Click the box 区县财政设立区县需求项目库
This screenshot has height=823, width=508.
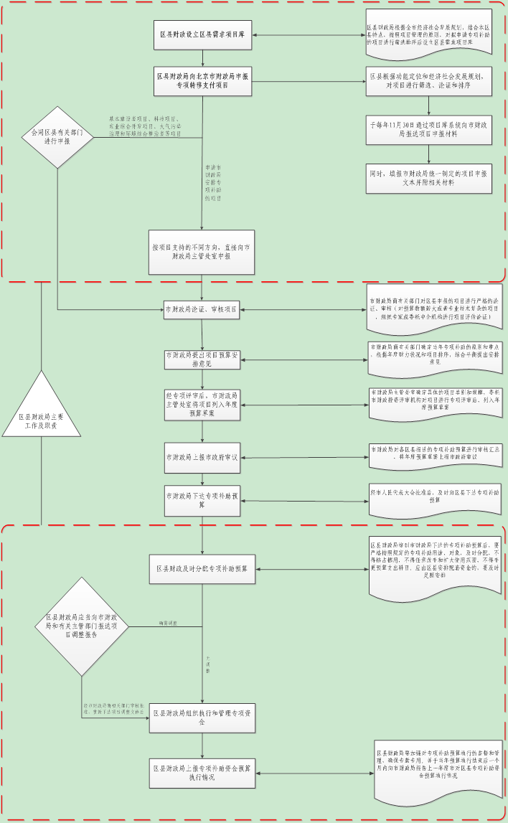pyautogui.click(x=202, y=35)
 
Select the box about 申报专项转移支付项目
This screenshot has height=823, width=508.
pyautogui.click(x=202, y=80)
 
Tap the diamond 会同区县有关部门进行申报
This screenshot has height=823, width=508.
pyautogui.click(x=57, y=136)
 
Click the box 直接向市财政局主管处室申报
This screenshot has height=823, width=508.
pyautogui.click(x=202, y=251)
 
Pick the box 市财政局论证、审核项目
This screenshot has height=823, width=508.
pyautogui.click(x=202, y=310)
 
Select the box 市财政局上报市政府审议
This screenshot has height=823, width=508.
pyautogui.click(x=202, y=457)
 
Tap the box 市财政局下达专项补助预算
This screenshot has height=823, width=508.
pyautogui.click(x=202, y=500)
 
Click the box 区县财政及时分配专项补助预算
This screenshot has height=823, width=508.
pyautogui.click(x=202, y=569)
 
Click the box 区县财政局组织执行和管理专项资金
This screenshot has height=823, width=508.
pyautogui.click(x=202, y=718)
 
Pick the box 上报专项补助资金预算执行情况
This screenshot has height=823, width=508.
pyautogui.click(x=202, y=773)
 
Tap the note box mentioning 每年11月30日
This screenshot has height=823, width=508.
pyautogui.click(x=429, y=129)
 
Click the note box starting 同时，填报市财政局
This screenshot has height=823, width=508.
pyautogui.click(x=429, y=178)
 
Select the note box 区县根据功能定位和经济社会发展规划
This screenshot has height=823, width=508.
pyautogui.click(x=429, y=80)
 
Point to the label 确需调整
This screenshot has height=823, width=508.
pyautogui.click(x=169, y=623)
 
